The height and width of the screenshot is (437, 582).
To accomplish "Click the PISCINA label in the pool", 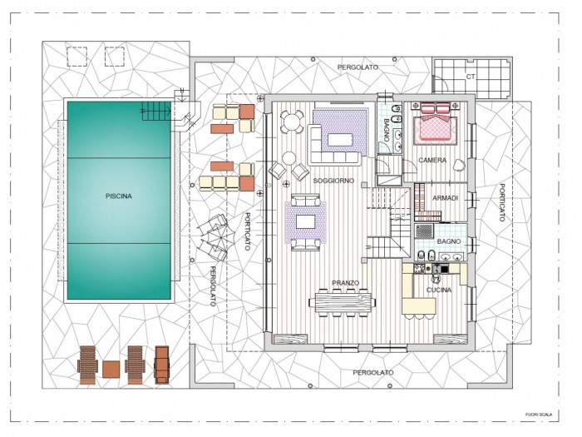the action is [118, 196].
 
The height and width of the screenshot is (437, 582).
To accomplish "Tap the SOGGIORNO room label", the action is [333, 181].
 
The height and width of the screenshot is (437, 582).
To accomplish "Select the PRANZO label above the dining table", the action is [345, 283].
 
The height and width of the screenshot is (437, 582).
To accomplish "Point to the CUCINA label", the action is [439, 290].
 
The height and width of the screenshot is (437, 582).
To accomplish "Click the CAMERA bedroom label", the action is [432, 160].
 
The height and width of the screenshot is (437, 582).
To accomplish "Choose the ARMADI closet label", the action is [445, 198].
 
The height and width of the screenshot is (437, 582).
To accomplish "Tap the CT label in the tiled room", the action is [471, 77].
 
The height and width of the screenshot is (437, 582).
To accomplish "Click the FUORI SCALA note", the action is [539, 415].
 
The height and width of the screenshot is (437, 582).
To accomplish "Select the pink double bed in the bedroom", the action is [435, 125].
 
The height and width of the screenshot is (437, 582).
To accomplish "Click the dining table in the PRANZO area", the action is [343, 302].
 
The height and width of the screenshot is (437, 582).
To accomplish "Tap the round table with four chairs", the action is [292, 122].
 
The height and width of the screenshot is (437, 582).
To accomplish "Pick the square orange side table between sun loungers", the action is [111, 370].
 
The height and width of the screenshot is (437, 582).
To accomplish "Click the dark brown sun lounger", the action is [161, 365].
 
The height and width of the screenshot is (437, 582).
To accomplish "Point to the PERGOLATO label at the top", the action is [358, 67].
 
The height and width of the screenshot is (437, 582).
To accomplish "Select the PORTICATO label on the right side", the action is [502, 202].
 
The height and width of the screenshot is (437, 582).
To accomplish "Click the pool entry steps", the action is [156, 111].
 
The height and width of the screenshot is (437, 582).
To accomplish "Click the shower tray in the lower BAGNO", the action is [424, 231].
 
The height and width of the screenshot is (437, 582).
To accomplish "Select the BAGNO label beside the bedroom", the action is [386, 130].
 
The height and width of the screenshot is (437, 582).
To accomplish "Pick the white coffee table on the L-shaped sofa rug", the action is [339, 140].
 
